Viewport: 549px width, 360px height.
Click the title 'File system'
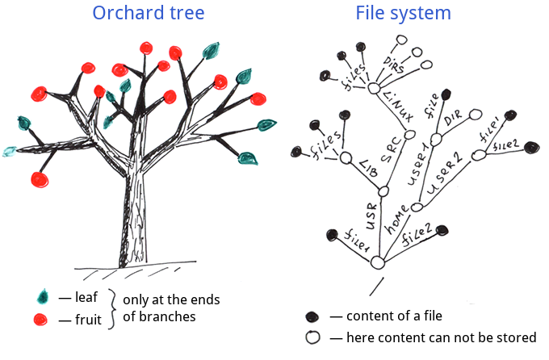403,14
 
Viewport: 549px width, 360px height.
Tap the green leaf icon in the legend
44,296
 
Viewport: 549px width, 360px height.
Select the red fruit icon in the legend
44,320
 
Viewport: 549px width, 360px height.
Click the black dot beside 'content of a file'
312,316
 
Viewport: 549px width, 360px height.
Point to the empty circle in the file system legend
312,337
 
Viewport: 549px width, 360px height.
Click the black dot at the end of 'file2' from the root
442,231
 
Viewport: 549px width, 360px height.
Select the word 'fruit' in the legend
88,320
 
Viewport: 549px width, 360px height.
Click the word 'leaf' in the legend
86,297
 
